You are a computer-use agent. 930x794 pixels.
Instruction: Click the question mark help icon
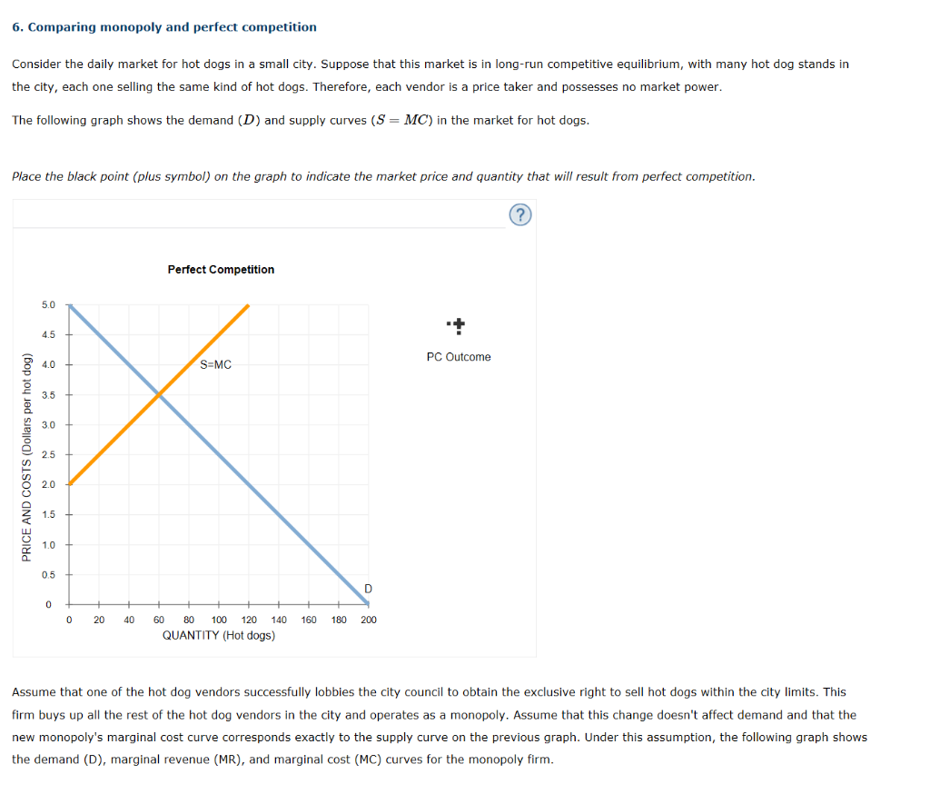click(519, 214)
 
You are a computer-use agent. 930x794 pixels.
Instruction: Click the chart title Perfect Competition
click(221, 270)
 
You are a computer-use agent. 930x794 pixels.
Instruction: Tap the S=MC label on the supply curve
click(215, 365)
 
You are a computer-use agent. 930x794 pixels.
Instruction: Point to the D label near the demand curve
click(367, 590)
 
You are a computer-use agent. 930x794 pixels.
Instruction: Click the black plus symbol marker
click(459, 323)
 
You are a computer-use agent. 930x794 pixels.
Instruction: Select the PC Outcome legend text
click(458, 357)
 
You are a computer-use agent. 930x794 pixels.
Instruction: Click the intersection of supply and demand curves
click(159, 394)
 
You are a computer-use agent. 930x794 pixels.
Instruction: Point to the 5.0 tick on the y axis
click(48, 305)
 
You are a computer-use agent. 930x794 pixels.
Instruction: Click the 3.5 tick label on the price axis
click(48, 395)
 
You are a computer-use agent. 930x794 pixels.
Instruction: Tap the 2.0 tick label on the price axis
click(48, 485)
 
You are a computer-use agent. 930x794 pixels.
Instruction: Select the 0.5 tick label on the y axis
click(48, 575)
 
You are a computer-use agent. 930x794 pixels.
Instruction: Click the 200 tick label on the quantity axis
click(368, 620)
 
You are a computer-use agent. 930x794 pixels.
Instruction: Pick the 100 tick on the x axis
click(219, 620)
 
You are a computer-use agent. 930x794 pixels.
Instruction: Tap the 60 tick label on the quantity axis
click(159, 620)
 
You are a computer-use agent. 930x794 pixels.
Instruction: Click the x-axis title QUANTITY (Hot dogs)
click(219, 636)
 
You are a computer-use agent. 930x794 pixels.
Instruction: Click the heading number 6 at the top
click(16, 27)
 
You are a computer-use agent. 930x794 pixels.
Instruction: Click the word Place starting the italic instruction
click(26, 176)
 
